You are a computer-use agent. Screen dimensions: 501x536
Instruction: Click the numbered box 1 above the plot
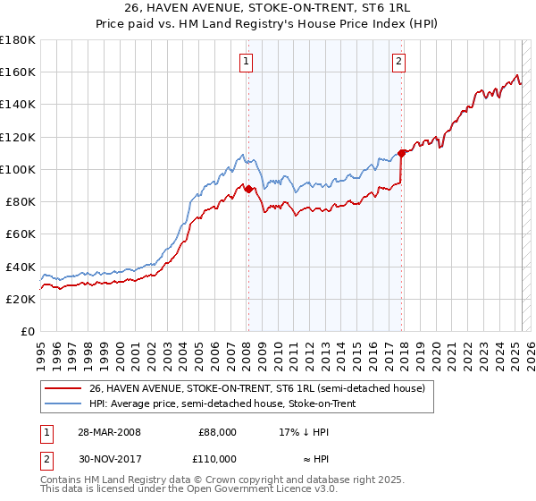(x=245, y=62)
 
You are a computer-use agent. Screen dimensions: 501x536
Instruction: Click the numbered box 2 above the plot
(x=398, y=62)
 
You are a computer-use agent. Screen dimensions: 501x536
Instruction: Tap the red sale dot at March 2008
(x=248, y=188)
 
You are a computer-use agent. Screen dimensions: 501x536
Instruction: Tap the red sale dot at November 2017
(x=402, y=153)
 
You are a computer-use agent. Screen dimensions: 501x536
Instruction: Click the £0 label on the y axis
(x=27, y=331)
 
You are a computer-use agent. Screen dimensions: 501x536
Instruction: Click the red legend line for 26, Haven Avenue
(x=63, y=387)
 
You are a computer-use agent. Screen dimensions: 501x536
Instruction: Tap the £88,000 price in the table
(x=217, y=432)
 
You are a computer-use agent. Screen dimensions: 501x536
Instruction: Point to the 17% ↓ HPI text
(x=304, y=432)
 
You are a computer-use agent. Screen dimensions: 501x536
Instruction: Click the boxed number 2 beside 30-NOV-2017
(x=46, y=458)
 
